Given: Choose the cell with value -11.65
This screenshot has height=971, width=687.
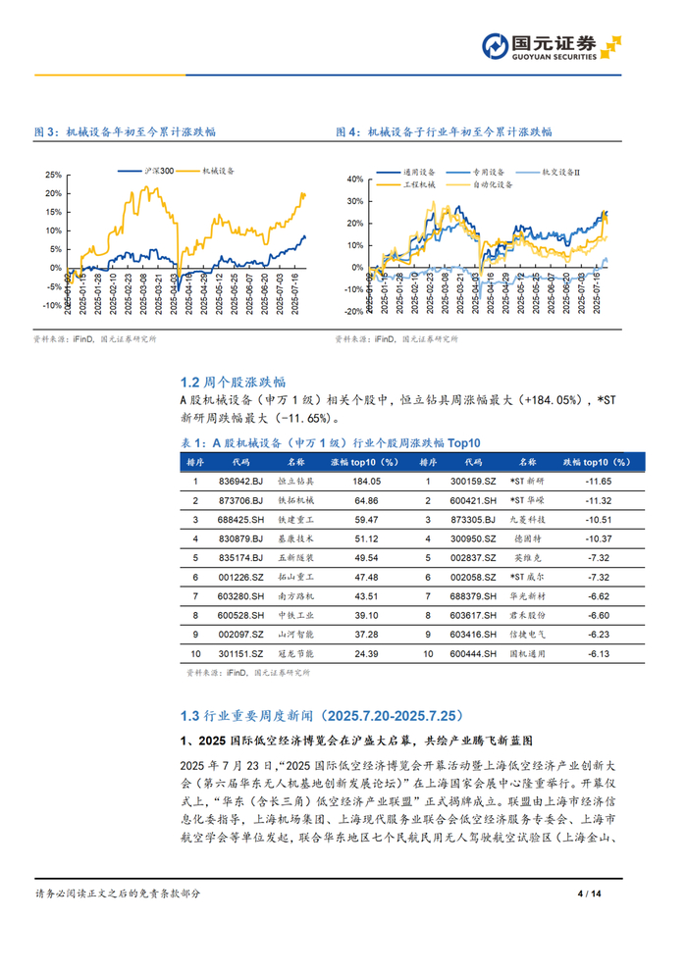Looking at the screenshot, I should [x=597, y=482].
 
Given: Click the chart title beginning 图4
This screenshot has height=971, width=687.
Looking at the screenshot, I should [x=444, y=131].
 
